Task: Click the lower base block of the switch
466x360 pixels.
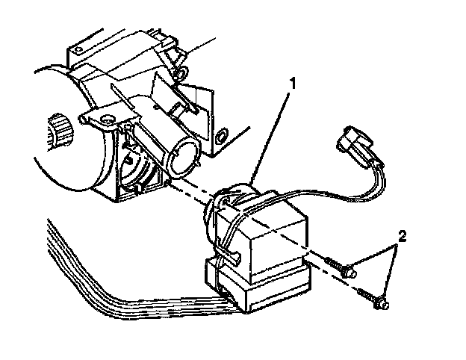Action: point(261,288)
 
